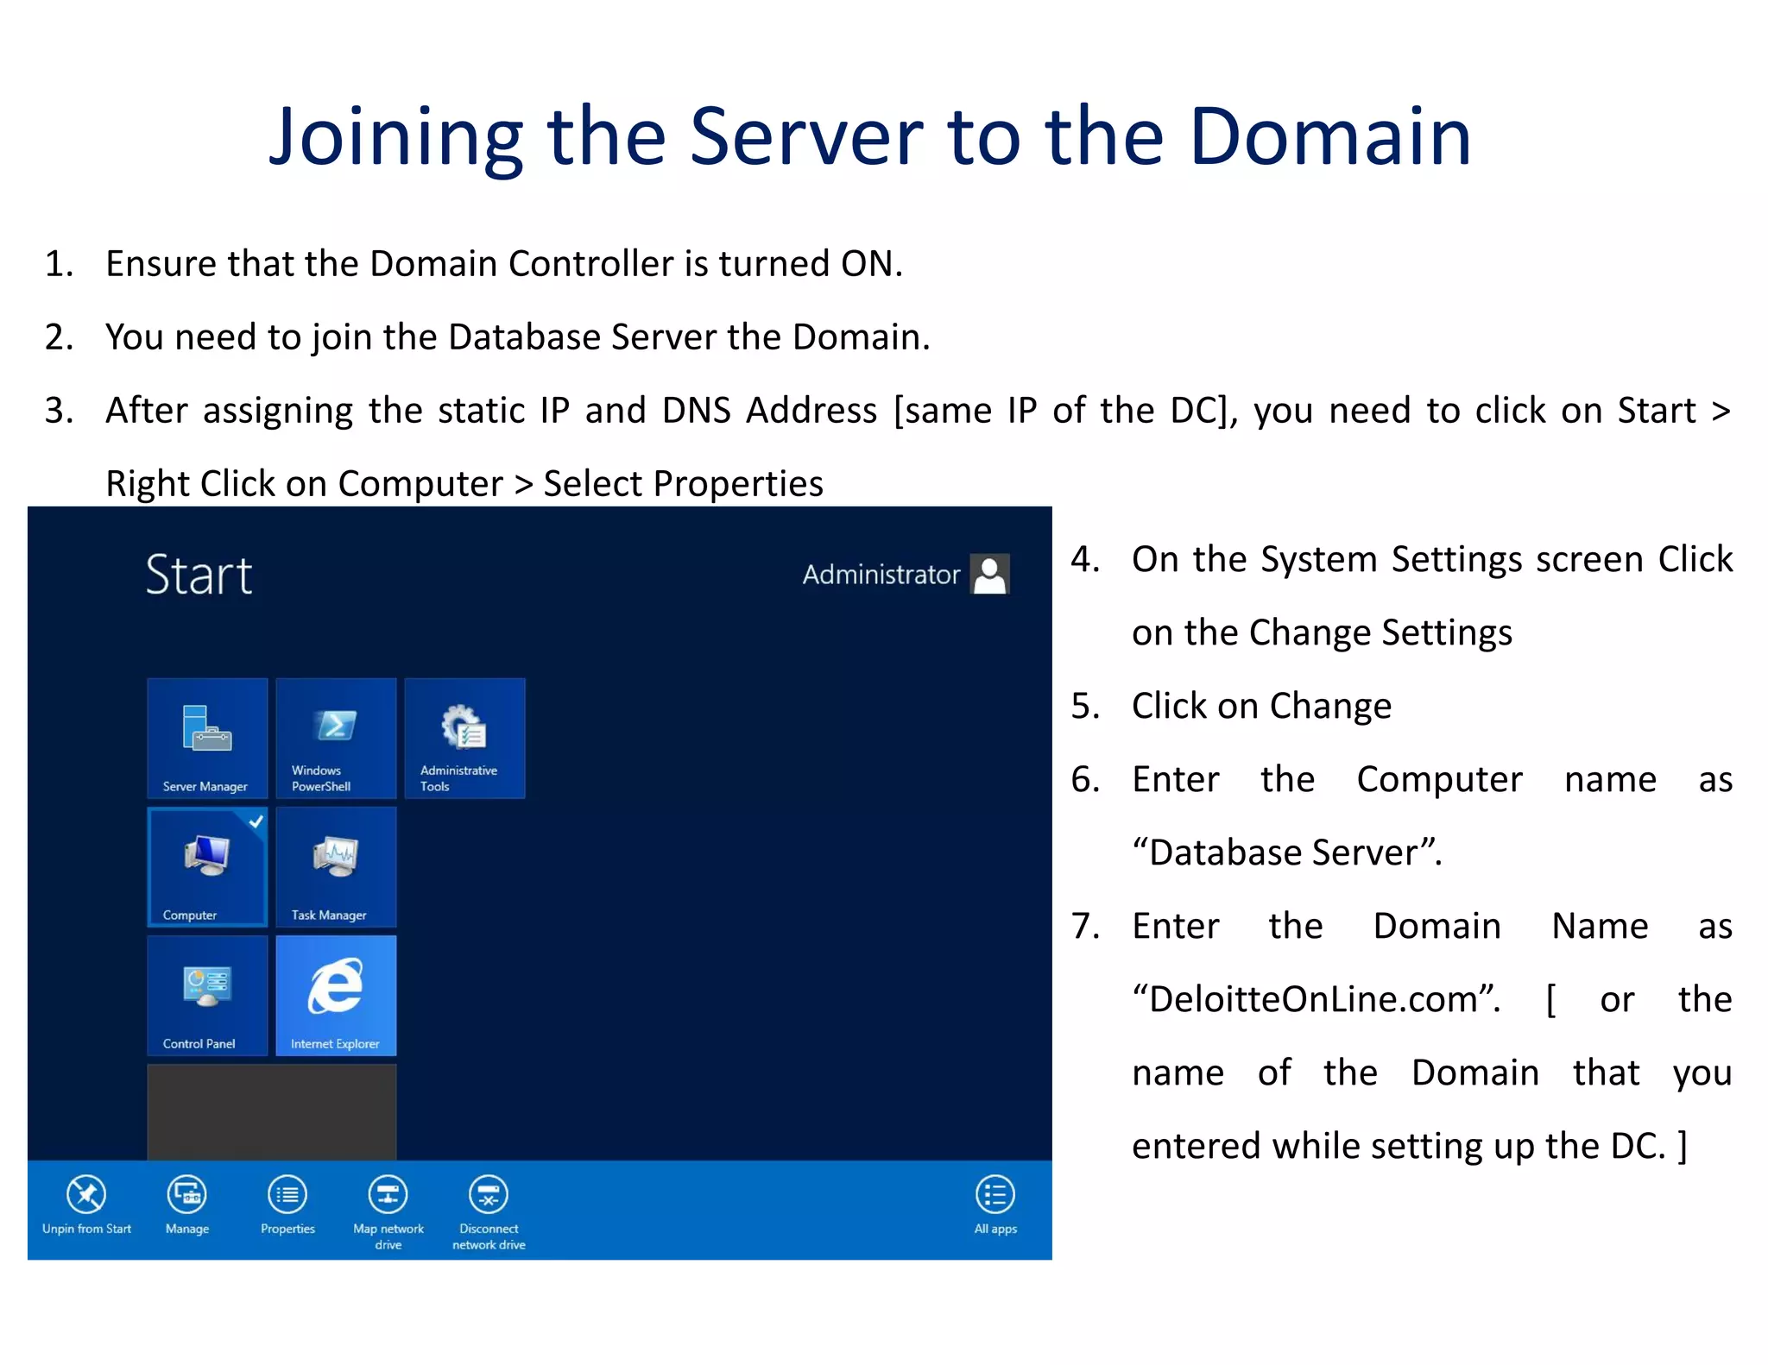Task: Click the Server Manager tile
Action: point(207,738)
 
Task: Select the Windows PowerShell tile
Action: point(336,738)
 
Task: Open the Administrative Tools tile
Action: point(464,738)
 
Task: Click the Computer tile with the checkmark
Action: point(207,866)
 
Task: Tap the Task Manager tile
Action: point(336,866)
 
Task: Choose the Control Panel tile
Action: point(207,995)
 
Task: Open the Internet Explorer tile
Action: point(336,995)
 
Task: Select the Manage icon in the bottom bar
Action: point(187,1196)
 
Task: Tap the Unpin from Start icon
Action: point(86,1196)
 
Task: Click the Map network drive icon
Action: point(388,1196)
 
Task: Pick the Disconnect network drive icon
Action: point(489,1196)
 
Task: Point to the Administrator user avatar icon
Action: point(990,574)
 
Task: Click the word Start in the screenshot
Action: point(199,576)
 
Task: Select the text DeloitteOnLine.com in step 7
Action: point(1312,1000)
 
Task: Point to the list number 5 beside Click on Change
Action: point(1084,707)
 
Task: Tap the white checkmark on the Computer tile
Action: point(256,821)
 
